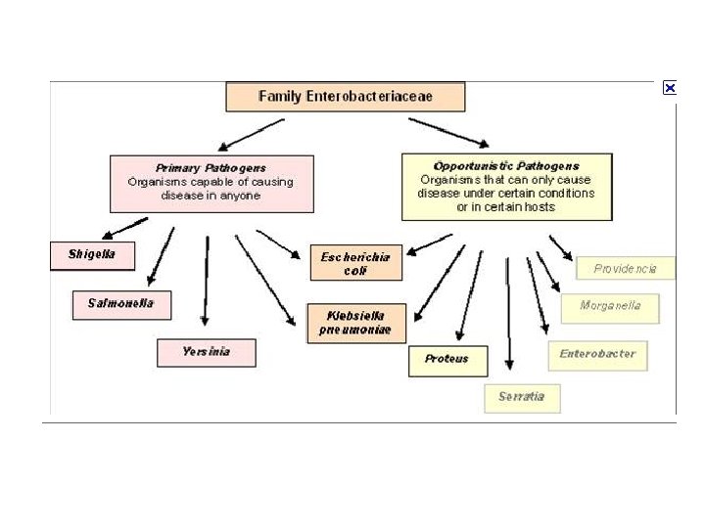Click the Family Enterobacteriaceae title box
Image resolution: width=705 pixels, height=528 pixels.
pyautogui.click(x=345, y=97)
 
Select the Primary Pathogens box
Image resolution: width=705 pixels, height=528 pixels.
pyautogui.click(x=211, y=183)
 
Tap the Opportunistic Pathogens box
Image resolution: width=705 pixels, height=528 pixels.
pyautogui.click(x=506, y=186)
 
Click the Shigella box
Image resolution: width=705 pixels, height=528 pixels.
pyautogui.click(x=92, y=255)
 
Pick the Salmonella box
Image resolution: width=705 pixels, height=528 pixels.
pyautogui.click(x=120, y=304)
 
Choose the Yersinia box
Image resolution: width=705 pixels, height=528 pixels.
pyautogui.click(x=206, y=352)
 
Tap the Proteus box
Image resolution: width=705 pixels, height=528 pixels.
pyautogui.click(x=446, y=360)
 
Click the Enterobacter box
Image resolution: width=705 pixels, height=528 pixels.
pyautogui.click(x=597, y=355)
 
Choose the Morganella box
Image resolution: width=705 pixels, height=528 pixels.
pyautogui.click(x=610, y=307)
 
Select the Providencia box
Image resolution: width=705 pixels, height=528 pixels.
pyautogui.click(x=625, y=268)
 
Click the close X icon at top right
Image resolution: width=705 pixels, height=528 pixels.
pyautogui.click(x=670, y=88)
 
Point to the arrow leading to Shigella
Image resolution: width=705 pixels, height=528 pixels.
pyautogui.click(x=124, y=227)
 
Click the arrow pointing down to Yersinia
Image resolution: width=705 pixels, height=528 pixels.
pyautogui.click(x=206, y=279)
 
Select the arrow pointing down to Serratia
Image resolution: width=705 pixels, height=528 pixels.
pyautogui.click(x=508, y=313)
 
